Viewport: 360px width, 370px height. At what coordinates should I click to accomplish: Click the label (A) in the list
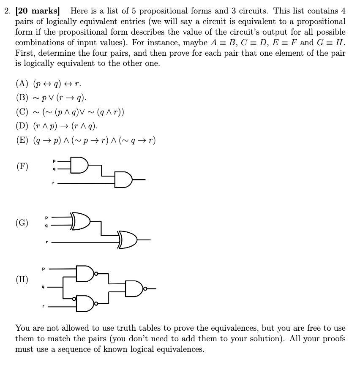click(22, 83)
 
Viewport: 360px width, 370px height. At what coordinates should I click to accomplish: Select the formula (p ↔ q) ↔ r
click(55, 83)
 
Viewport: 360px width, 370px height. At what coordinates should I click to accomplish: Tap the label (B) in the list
click(22, 98)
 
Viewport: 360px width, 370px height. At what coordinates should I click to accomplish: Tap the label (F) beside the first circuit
click(22, 166)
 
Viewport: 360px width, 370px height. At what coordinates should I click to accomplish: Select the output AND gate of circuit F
click(123, 180)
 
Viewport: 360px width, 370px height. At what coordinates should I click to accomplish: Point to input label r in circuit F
click(53, 183)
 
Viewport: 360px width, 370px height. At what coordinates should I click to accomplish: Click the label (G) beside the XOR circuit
click(22, 223)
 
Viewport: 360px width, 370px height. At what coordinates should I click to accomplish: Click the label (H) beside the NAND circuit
click(22, 279)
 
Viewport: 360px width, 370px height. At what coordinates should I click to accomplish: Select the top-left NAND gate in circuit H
click(85, 274)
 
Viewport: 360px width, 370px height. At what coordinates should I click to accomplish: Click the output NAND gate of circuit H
click(134, 289)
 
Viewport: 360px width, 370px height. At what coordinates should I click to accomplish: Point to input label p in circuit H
click(43, 267)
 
